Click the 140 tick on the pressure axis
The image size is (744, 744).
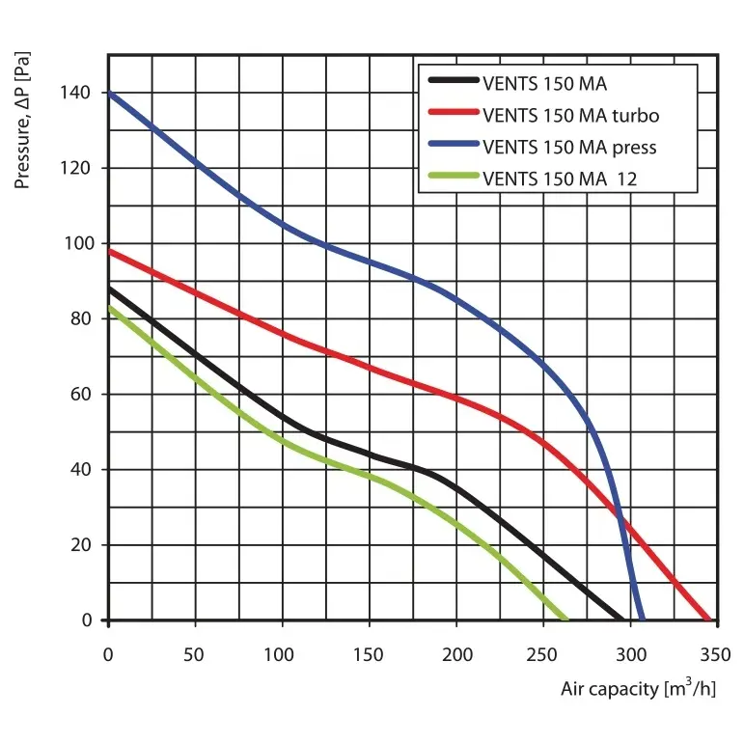79,93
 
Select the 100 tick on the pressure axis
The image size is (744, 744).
79,243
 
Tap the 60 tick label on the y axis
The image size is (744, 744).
83,394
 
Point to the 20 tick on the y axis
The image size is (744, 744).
83,544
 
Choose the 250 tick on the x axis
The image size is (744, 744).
544,653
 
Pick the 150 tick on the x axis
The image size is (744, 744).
370,653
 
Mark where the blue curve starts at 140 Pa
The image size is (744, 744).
109,93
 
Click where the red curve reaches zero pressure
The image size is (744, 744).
709,620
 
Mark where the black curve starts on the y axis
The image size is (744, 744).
109,289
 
